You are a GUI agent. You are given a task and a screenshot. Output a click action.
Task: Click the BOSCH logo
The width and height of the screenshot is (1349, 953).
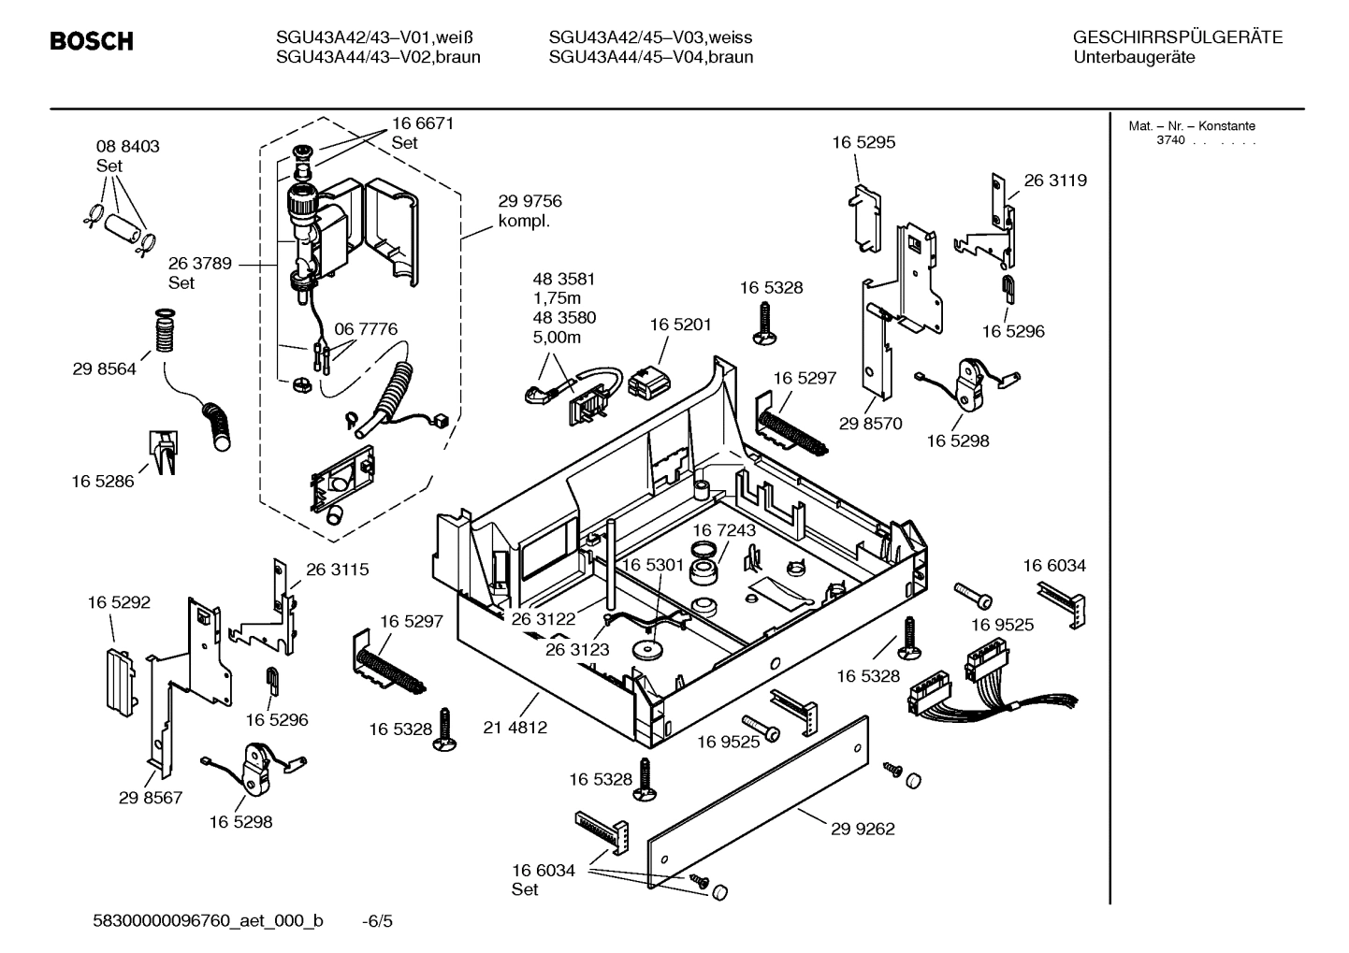tap(91, 41)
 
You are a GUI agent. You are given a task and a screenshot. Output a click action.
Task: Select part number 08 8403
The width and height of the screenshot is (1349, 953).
tap(127, 147)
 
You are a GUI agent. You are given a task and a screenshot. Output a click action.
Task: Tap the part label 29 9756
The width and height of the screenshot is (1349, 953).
tap(529, 202)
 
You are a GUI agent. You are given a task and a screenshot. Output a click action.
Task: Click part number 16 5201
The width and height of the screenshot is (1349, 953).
tap(680, 325)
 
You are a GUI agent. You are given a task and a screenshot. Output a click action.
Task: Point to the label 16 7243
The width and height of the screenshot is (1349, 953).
tap(724, 530)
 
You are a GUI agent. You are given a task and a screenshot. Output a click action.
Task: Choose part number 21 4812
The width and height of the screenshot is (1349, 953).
tap(515, 727)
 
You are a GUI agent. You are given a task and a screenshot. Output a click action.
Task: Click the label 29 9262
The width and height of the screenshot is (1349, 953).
tap(862, 829)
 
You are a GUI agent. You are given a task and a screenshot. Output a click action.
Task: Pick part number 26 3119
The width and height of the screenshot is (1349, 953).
tap(1055, 180)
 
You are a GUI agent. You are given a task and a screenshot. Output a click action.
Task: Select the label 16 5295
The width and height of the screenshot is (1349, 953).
tap(863, 142)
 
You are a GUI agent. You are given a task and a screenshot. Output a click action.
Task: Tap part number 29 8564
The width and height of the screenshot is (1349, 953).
tap(104, 369)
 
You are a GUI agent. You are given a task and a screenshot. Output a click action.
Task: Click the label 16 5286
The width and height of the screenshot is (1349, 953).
tap(102, 482)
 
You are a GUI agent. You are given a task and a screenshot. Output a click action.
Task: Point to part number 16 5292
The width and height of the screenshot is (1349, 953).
tap(119, 603)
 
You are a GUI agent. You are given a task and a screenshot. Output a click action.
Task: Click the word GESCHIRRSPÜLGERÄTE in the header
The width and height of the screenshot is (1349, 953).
tap(1177, 37)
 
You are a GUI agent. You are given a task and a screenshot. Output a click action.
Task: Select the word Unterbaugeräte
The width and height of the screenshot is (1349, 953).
tap(1133, 57)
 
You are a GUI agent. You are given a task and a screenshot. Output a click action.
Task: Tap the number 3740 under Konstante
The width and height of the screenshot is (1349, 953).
tap(1170, 140)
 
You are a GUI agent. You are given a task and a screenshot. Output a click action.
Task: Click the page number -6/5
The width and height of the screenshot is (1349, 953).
tap(377, 921)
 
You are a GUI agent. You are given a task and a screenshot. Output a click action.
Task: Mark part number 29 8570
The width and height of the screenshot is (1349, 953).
tap(870, 424)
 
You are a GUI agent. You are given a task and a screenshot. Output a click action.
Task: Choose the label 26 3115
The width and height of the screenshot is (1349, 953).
tap(337, 569)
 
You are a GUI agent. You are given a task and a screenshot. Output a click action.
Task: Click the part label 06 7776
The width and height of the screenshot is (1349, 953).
tap(366, 329)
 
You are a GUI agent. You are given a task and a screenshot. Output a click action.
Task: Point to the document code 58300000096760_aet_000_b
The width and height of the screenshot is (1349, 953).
tap(209, 921)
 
